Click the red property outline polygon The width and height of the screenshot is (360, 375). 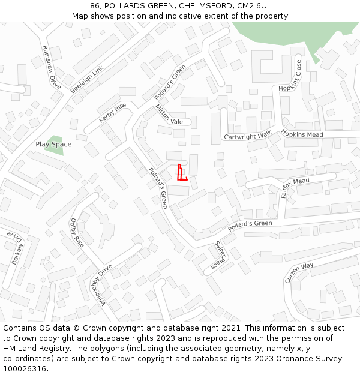click(x=181, y=173)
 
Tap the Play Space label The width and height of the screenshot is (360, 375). click(x=53, y=144)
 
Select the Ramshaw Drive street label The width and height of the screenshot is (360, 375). click(x=52, y=67)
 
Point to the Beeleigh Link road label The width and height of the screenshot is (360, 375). click(x=87, y=79)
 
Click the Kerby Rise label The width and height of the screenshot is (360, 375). click(x=113, y=112)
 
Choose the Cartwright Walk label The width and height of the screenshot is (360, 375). click(x=247, y=136)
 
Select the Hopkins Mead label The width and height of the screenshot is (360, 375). click(x=302, y=134)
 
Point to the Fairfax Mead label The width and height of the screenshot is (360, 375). click(x=295, y=187)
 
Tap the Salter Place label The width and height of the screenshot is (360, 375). click(x=220, y=256)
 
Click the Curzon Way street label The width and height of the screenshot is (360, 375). click(x=299, y=273)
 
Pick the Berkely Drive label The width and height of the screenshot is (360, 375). click(x=17, y=249)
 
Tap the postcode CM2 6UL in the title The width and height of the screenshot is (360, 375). click(x=254, y=5)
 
